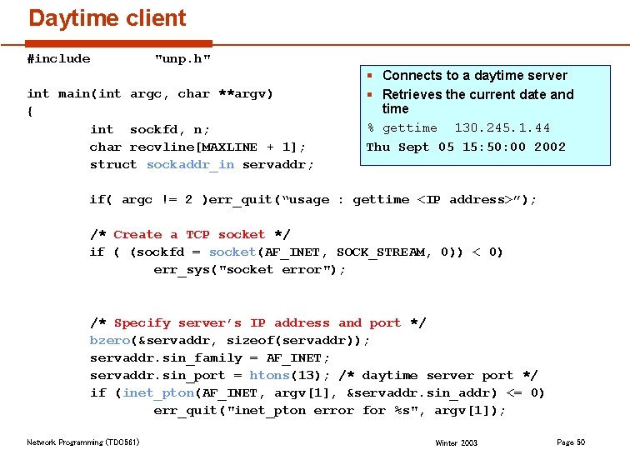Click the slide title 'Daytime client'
[x=107, y=18]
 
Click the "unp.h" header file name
[x=182, y=58]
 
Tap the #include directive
[x=58, y=58]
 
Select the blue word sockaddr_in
[x=190, y=165]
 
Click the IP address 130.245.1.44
[x=502, y=128]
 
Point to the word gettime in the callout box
[x=409, y=128]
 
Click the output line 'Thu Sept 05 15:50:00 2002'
[x=466, y=147]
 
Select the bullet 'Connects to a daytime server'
[x=474, y=76]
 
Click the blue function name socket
[x=232, y=252]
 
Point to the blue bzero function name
[x=109, y=341]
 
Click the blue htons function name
[x=268, y=376]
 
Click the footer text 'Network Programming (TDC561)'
[x=83, y=442]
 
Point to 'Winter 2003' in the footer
[x=457, y=443]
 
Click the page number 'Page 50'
[x=570, y=442]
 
